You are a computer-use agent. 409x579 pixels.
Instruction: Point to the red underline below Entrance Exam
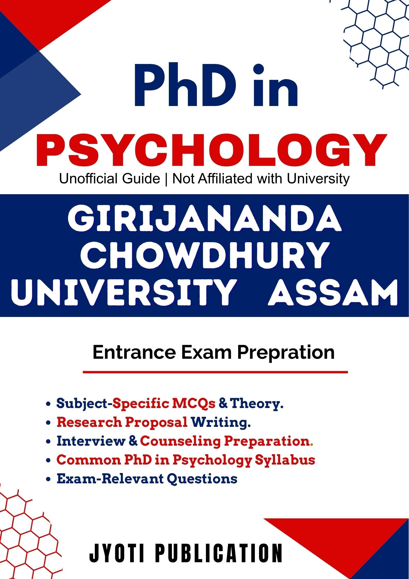215,372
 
